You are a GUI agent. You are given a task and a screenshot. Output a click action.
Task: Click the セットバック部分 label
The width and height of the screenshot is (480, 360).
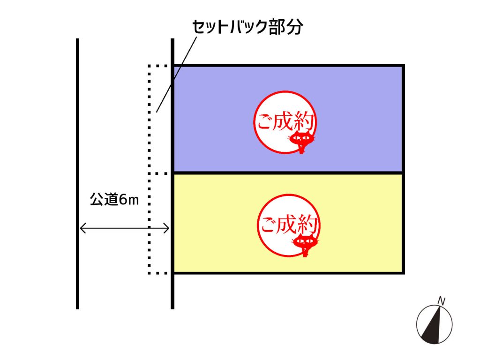click(x=247, y=27)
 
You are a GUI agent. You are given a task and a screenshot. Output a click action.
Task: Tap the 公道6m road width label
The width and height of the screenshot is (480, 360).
click(x=114, y=199)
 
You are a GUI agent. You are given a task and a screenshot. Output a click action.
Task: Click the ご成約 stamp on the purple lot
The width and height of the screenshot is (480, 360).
click(x=285, y=122)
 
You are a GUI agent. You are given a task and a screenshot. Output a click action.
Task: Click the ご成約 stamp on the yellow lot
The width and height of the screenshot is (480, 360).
click(x=289, y=225)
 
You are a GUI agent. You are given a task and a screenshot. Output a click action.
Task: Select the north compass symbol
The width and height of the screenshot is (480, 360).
click(x=434, y=324)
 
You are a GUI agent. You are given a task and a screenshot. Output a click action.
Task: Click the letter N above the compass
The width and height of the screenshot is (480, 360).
click(x=441, y=300)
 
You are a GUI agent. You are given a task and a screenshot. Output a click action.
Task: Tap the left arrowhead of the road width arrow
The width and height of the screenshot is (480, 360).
click(x=82, y=228)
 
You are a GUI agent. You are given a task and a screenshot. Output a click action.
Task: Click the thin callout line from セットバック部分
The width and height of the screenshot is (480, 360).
click(x=176, y=75)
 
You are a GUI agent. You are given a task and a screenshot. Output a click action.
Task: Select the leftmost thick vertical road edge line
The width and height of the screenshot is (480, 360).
click(x=77, y=173)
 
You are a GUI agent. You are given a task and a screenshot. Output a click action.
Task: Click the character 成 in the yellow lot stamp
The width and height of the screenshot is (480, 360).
click(x=287, y=224)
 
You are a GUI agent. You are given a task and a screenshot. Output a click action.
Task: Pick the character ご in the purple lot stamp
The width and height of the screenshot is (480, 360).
click(x=264, y=121)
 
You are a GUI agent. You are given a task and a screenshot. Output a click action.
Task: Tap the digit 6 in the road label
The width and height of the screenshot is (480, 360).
click(x=123, y=200)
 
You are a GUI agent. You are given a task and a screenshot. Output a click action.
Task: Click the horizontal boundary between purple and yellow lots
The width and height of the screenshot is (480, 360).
click(x=288, y=173)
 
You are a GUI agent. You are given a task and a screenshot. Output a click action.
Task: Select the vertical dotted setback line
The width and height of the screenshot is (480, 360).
click(x=150, y=169)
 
